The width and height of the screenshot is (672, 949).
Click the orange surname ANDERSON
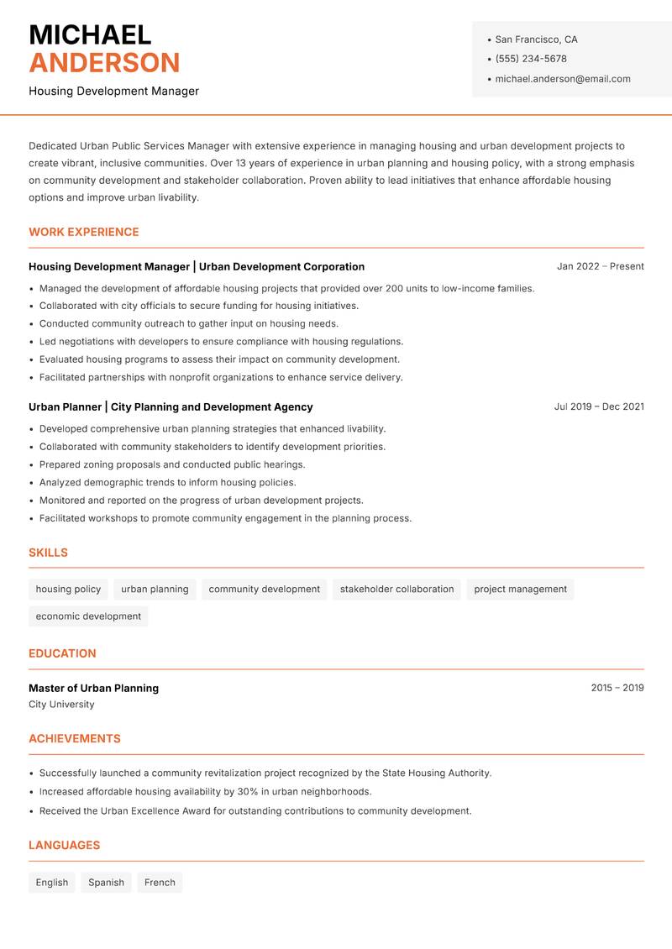click(104, 63)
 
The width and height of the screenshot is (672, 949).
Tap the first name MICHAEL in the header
click(90, 34)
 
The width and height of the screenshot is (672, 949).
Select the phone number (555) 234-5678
click(531, 59)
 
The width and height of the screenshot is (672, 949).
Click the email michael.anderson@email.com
click(562, 79)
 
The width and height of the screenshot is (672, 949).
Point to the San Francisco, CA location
click(536, 39)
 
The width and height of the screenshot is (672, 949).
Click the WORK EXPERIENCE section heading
click(84, 232)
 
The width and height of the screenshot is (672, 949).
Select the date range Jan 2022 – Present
click(600, 266)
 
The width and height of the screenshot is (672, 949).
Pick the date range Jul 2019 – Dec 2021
click(598, 406)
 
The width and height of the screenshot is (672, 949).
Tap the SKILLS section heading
click(48, 553)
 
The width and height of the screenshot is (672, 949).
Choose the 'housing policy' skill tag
click(68, 590)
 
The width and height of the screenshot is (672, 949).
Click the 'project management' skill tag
click(520, 590)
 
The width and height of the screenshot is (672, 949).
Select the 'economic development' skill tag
click(88, 616)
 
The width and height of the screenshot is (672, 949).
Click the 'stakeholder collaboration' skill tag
click(396, 590)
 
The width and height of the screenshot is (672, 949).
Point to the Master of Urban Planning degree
click(93, 688)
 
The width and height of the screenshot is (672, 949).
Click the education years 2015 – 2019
click(617, 688)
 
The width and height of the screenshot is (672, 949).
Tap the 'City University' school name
click(61, 705)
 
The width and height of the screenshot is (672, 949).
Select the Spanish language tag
click(106, 883)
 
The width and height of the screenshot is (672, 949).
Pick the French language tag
click(160, 883)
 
